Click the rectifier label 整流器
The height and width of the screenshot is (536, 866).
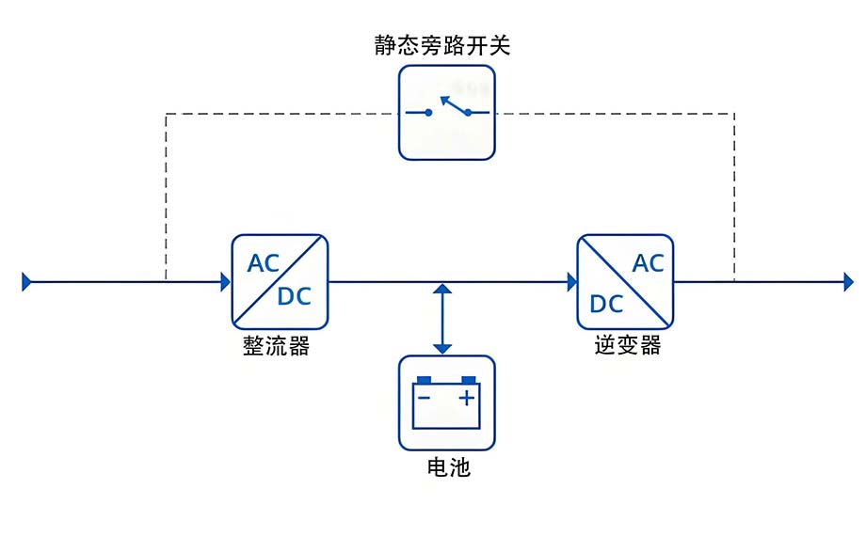pyautogui.click(x=276, y=346)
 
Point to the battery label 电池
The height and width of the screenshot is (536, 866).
pyautogui.click(x=448, y=466)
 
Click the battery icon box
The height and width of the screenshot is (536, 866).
pyautogui.click(x=447, y=402)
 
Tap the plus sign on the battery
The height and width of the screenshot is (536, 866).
pyautogui.click(x=466, y=398)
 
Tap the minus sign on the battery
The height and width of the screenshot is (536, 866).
pyautogui.click(x=425, y=398)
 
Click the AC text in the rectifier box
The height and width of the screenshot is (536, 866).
pyautogui.click(x=264, y=263)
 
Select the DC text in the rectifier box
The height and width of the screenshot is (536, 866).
pyautogui.click(x=294, y=297)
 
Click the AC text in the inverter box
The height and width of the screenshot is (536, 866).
pyautogui.click(x=648, y=263)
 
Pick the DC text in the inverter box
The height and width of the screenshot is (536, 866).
pyautogui.click(x=606, y=304)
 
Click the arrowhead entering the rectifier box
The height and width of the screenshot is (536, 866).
pyautogui.click(x=226, y=281)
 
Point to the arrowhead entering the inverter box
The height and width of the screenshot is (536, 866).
pyautogui.click(x=571, y=281)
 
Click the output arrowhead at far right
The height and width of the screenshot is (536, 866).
pyautogui.click(x=848, y=281)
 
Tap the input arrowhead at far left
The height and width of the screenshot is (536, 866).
pyautogui.click(x=27, y=281)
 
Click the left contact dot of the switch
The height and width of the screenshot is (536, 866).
pyautogui.click(x=428, y=113)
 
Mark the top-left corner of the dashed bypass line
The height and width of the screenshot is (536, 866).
pyautogui.click(x=166, y=114)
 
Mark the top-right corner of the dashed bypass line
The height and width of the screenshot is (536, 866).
pyautogui.click(x=734, y=114)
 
